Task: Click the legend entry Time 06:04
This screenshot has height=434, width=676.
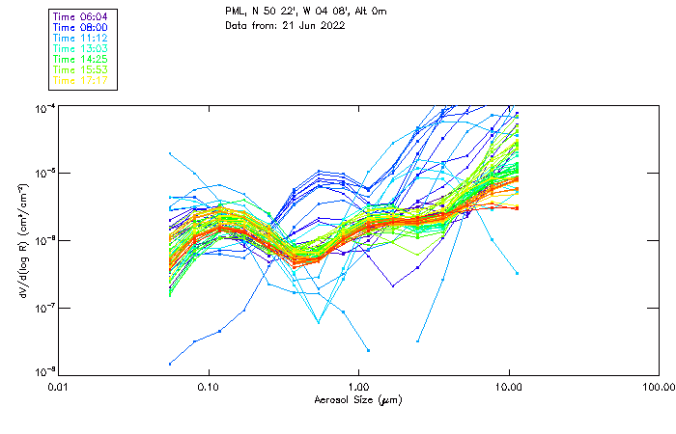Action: coord(81,16)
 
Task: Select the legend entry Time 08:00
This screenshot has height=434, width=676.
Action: coord(81,27)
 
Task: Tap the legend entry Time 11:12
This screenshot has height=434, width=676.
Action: coord(81,38)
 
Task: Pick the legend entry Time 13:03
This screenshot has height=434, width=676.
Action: coord(81,48)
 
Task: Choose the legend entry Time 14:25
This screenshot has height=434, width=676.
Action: coord(81,59)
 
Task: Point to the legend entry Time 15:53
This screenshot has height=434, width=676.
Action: coord(81,69)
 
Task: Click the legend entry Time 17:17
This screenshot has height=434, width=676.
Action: coord(81,80)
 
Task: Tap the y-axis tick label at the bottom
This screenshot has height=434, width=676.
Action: coord(44,371)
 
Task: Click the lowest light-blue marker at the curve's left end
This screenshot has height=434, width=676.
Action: coord(170,364)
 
